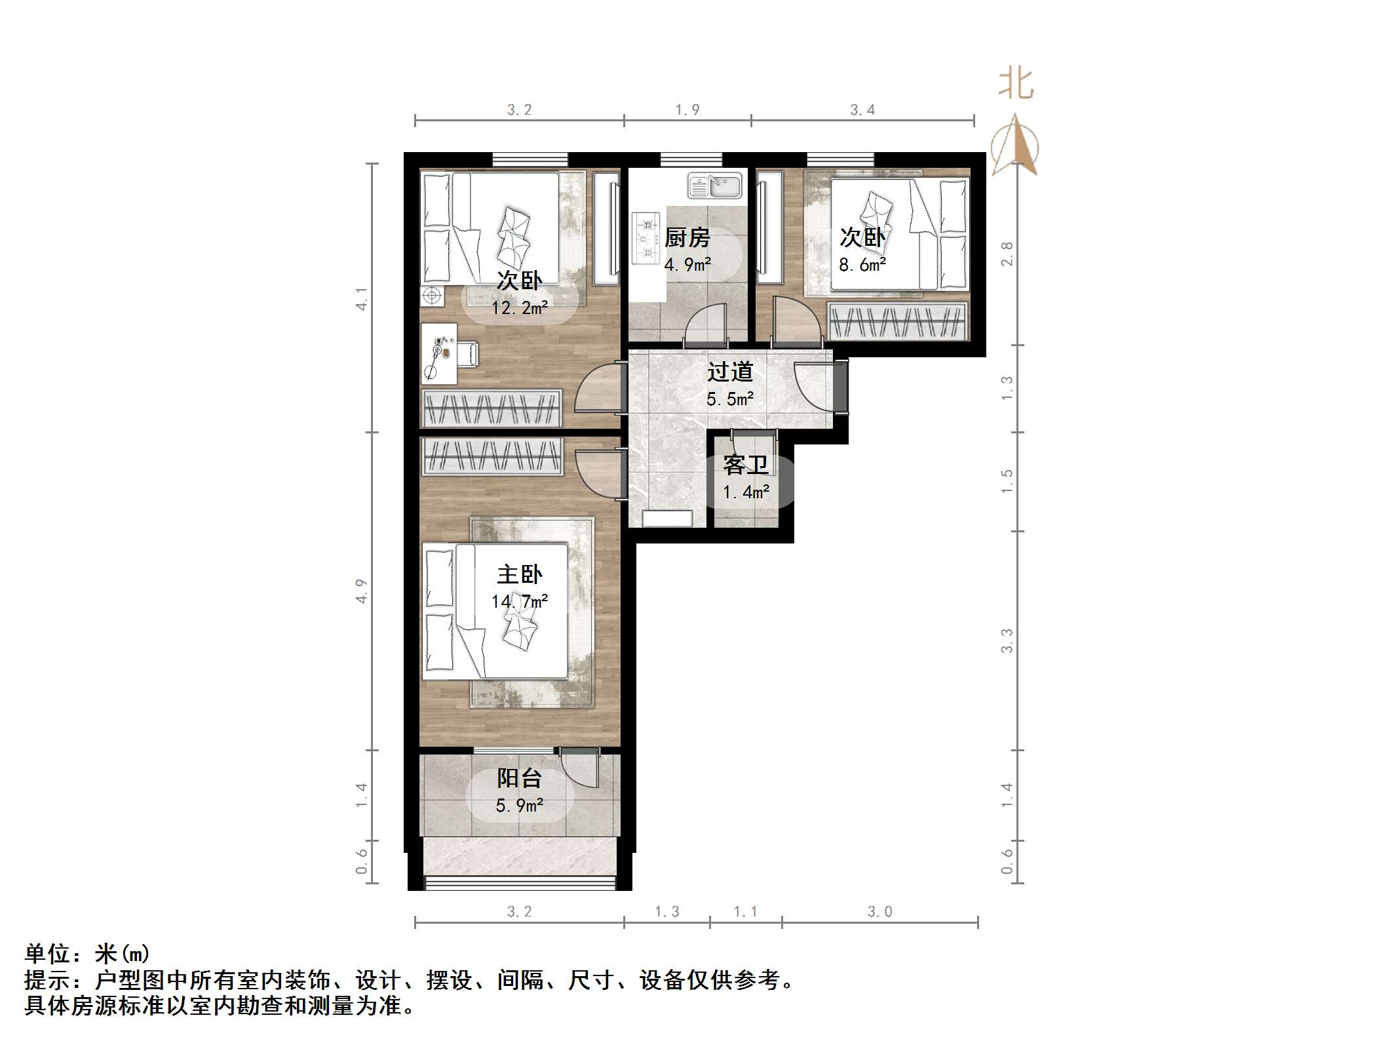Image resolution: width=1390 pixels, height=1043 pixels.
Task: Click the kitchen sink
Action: (x=714, y=186)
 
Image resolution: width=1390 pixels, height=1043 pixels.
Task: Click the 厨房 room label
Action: (x=687, y=237)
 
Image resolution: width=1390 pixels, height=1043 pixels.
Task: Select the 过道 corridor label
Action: (x=730, y=372)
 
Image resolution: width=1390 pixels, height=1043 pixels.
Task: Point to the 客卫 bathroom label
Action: (x=746, y=465)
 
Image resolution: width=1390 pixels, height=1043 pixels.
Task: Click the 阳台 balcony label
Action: (x=519, y=778)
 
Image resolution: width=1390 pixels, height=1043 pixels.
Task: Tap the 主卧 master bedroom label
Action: (x=519, y=575)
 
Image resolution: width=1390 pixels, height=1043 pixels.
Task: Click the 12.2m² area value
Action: (x=519, y=307)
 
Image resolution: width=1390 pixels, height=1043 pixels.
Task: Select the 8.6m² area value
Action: (x=862, y=265)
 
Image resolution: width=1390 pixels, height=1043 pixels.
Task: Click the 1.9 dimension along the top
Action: (x=687, y=110)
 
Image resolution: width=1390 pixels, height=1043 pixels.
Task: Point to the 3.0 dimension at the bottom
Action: (x=879, y=912)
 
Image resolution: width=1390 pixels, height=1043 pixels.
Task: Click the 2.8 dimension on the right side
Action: (x=1007, y=254)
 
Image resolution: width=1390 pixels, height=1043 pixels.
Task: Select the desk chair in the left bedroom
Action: (x=468, y=355)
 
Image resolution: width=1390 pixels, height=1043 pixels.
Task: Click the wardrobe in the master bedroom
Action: (x=492, y=455)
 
